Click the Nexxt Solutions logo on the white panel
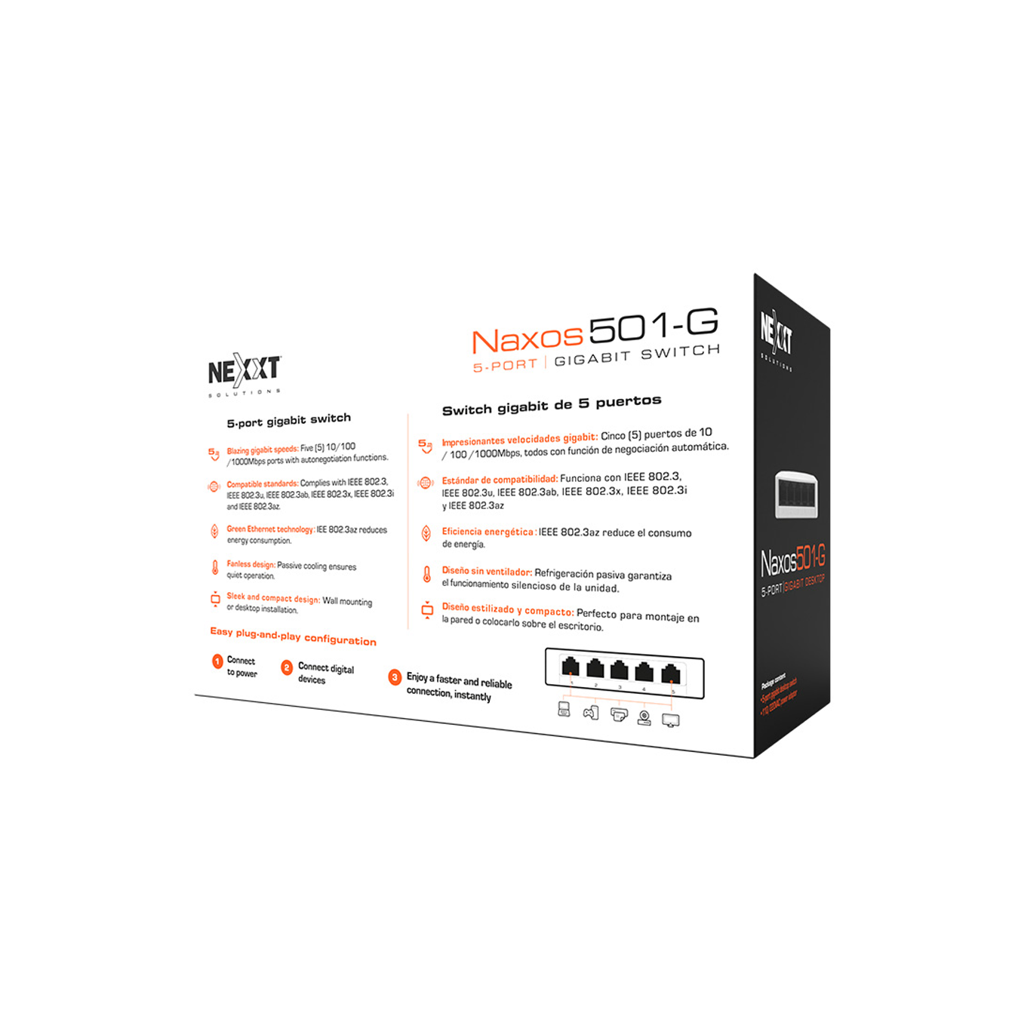pos(244,371)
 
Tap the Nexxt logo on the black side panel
pos(777,333)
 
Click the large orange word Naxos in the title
pos(527,339)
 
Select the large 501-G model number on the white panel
pos(653,325)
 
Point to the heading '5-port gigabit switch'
pos(288,420)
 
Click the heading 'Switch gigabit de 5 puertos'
pos(551,405)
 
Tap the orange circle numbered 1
pos(217,661)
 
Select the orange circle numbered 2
pos(287,667)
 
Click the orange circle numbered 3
pos(394,677)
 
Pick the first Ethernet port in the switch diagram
pos(571,666)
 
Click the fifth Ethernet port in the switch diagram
pos(670,673)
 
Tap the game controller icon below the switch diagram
pos(590,712)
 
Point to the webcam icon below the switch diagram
pos(644,717)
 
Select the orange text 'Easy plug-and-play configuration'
pos(293,636)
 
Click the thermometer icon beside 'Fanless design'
pos(215,567)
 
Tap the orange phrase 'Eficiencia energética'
pos(488,532)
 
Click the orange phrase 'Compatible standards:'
pos(262,484)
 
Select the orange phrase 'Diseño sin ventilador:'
pos(487,572)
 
